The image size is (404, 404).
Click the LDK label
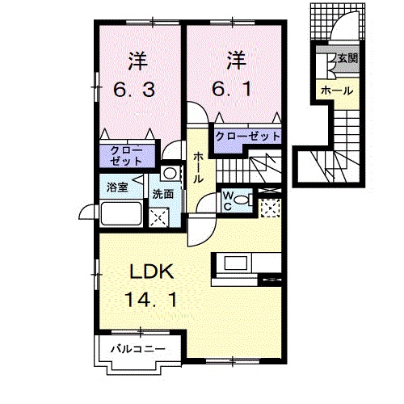tap(152, 271)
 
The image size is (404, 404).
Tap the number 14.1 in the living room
tap(151, 300)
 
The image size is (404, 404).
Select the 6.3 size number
tap(134, 90)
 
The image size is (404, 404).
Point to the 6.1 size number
tap(232, 89)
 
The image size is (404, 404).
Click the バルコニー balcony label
tap(138, 349)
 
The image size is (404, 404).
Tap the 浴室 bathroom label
tap(117, 187)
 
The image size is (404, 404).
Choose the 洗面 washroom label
tap(163, 194)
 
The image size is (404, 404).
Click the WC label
tap(228, 201)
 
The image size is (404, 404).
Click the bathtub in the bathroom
tap(121, 213)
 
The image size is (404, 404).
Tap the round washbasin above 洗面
tap(170, 173)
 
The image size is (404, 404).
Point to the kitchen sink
tap(236, 263)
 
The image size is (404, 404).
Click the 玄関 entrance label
tap(347, 58)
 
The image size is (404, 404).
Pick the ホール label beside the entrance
tap(337, 91)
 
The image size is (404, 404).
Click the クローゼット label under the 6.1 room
tap(248, 137)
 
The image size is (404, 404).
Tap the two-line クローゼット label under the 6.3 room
tap(126, 156)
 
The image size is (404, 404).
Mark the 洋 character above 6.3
tap(138, 61)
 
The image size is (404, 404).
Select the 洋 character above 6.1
tap(236, 61)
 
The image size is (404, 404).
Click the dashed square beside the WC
tap(270, 208)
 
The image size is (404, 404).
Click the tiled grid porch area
tap(338, 22)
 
